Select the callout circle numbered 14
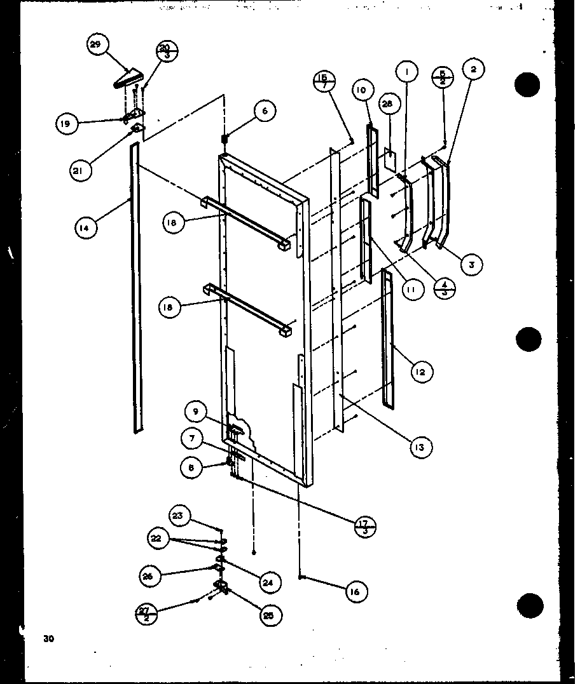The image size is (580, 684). (x=86, y=227)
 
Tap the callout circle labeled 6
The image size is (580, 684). (x=265, y=111)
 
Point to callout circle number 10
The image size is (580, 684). (x=361, y=91)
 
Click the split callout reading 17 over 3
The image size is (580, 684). (x=365, y=526)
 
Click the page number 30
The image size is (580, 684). (x=48, y=638)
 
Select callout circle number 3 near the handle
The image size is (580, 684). (x=471, y=264)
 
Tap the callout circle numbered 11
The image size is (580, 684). (x=411, y=290)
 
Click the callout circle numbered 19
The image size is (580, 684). (x=66, y=124)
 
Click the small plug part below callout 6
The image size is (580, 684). (x=224, y=138)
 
